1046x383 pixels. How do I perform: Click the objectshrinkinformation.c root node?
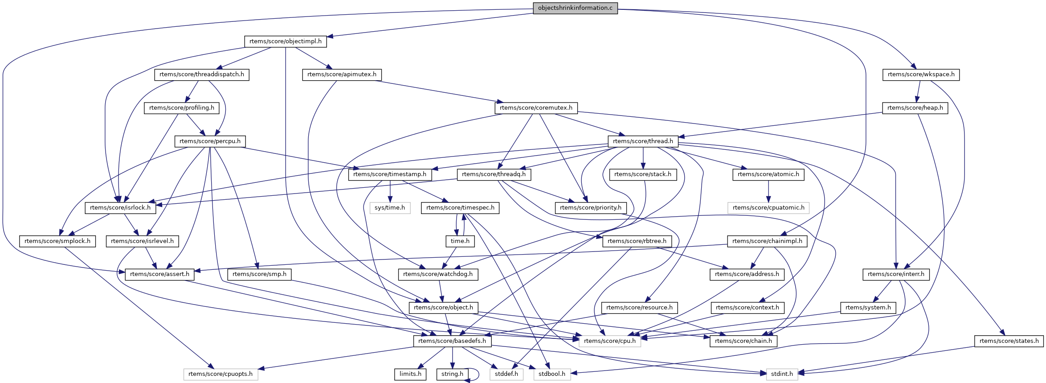[575, 8]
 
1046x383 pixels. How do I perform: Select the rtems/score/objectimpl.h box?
[285, 41]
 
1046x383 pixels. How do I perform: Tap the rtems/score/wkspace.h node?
[921, 74]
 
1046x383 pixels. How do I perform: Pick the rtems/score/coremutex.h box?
[536, 108]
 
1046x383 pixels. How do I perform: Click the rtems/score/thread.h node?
[643, 141]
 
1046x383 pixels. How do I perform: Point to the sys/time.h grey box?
[390, 208]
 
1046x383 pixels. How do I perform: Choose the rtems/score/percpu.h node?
[210, 141]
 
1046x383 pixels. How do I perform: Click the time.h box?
[460, 241]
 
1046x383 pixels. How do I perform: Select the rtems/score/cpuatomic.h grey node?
[768, 208]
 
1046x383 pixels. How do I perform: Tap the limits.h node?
[410, 374]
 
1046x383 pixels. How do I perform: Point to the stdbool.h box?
[552, 374]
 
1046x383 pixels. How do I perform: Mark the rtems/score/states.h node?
[1009, 341]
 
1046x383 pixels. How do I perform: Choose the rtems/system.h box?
[868, 308]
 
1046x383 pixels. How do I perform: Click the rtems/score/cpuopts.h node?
[221, 374]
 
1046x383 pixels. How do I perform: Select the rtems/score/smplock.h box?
[57, 241]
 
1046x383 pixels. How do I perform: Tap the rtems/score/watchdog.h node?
[438, 274]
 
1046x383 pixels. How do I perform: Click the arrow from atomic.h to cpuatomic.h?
[768, 191]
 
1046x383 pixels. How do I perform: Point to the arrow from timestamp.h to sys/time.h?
[390, 191]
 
